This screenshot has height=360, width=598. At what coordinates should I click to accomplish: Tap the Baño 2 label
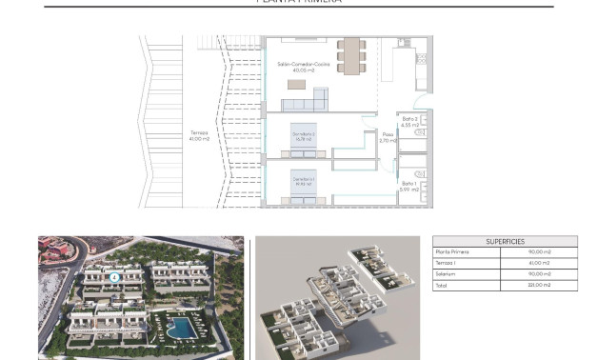pyautogui.click(x=410, y=119)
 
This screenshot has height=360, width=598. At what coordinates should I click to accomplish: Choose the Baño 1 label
pyautogui.click(x=409, y=183)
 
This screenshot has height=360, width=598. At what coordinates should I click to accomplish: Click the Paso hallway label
pyautogui.click(x=388, y=134)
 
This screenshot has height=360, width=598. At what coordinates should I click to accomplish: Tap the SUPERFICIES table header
pyautogui.click(x=491, y=242)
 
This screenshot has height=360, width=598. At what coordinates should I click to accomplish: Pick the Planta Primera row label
pyautogui.click(x=453, y=252)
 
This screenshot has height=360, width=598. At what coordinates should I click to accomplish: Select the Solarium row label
pyautogui.click(x=446, y=273)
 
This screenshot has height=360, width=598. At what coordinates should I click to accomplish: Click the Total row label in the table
pyautogui.click(x=442, y=284)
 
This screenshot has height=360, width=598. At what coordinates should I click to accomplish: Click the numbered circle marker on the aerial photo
pyautogui.click(x=115, y=278)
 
